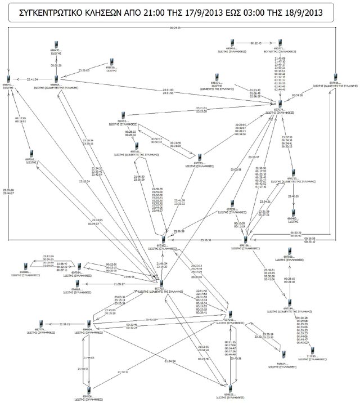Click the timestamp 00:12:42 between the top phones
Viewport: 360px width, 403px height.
pos(255,43)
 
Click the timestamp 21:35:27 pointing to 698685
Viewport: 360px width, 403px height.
pos(119,284)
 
